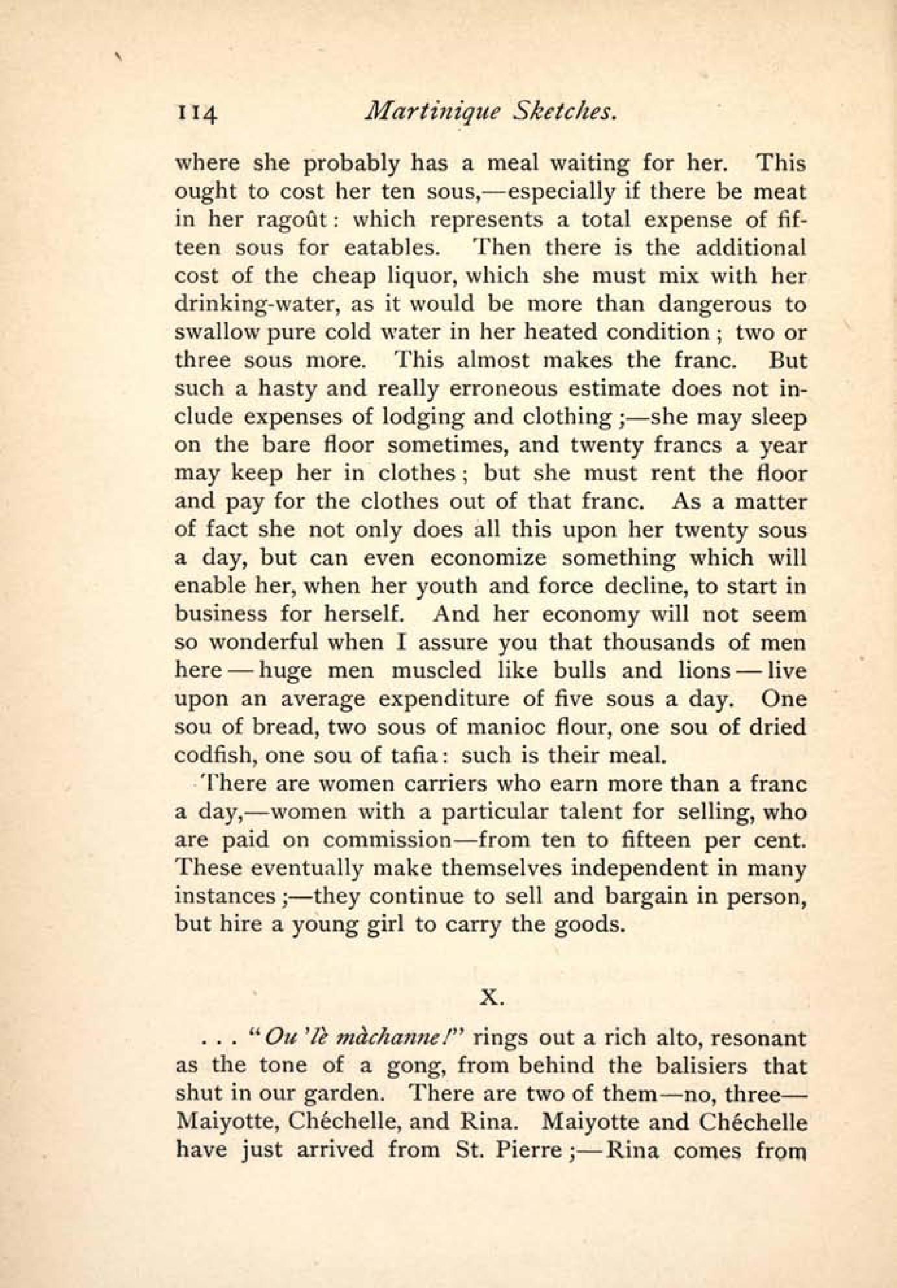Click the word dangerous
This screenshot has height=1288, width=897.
pos(720,305)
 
